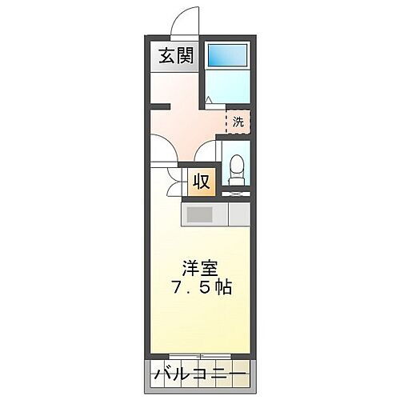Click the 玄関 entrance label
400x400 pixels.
[x=174, y=58]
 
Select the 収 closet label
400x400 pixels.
[x=202, y=181]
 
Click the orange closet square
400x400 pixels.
[x=202, y=181]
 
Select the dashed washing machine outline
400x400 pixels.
[x=238, y=122]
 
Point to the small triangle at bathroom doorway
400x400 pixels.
[x=207, y=100]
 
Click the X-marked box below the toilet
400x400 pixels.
[x=236, y=191]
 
